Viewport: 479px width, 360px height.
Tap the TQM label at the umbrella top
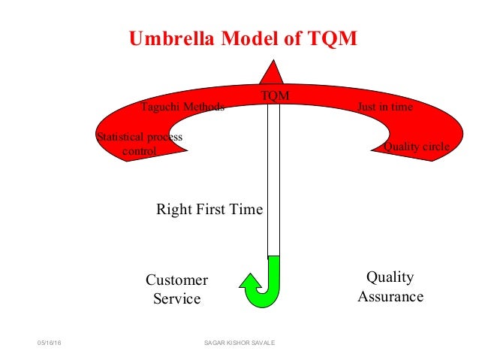click(274, 95)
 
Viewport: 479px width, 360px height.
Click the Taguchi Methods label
click(182, 107)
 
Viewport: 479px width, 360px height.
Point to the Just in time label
click(384, 107)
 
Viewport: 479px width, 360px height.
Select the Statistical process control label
click(140, 144)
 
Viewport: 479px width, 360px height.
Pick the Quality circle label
click(416, 147)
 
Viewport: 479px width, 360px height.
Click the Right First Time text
click(209, 210)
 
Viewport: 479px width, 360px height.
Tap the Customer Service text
click(176, 289)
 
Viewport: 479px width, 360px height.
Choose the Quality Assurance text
click(390, 287)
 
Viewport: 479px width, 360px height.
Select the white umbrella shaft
click(273, 180)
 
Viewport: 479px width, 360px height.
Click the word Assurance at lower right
click(390, 297)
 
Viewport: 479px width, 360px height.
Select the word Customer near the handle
click(176, 280)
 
